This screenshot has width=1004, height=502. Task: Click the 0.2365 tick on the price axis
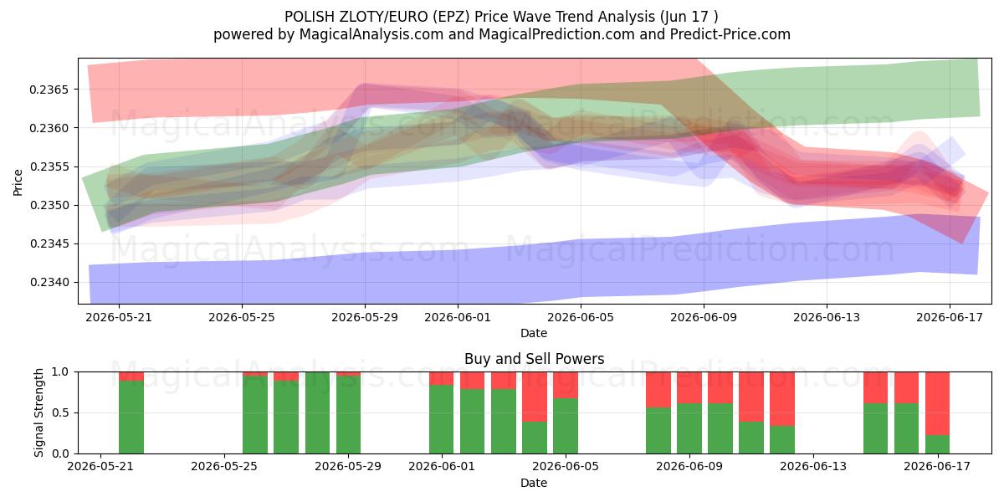click(49, 90)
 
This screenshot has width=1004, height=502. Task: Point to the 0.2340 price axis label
click(49, 283)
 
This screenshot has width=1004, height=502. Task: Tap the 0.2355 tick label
click(49, 166)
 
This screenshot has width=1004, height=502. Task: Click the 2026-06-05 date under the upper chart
click(581, 317)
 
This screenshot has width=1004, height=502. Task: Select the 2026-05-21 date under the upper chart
click(119, 317)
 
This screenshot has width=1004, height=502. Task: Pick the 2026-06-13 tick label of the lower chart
click(813, 467)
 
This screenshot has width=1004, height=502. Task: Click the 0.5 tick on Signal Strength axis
click(60, 412)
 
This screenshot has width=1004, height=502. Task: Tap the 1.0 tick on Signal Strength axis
click(60, 371)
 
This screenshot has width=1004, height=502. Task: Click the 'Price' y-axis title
click(18, 182)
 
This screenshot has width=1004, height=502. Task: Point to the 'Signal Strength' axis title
click(38, 412)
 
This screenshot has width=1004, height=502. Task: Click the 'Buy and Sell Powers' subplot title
click(535, 359)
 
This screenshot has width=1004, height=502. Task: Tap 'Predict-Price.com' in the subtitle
click(730, 34)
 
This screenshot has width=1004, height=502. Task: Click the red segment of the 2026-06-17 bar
click(937, 403)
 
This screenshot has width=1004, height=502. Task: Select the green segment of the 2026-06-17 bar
click(937, 444)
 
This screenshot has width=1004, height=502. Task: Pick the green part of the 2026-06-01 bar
click(442, 419)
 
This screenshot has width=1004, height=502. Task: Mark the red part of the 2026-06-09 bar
click(689, 387)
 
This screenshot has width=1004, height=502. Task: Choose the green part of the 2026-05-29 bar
click(349, 415)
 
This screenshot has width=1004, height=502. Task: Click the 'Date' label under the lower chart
click(534, 483)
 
